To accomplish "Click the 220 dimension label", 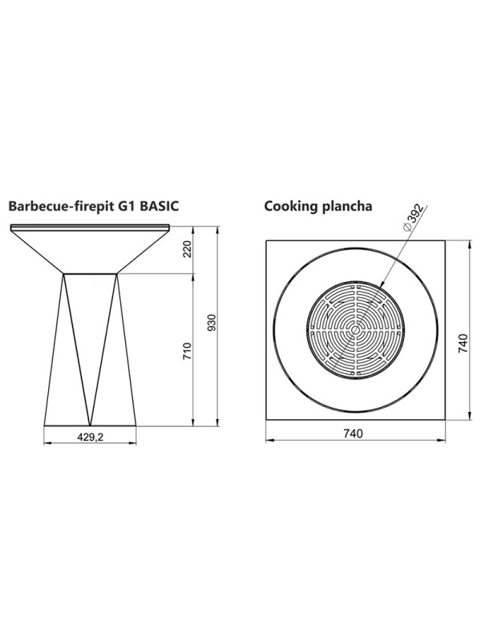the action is tap(188, 248).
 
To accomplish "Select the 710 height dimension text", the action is tap(188, 351).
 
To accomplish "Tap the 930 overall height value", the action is tap(212, 323).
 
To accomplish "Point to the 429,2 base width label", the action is tap(91, 437).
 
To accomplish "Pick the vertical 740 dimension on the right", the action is tap(463, 344).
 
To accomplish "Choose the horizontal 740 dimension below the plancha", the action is tap(354, 433).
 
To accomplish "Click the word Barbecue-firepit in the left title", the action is tap(61, 206).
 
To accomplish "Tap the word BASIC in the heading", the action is tap(160, 206).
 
